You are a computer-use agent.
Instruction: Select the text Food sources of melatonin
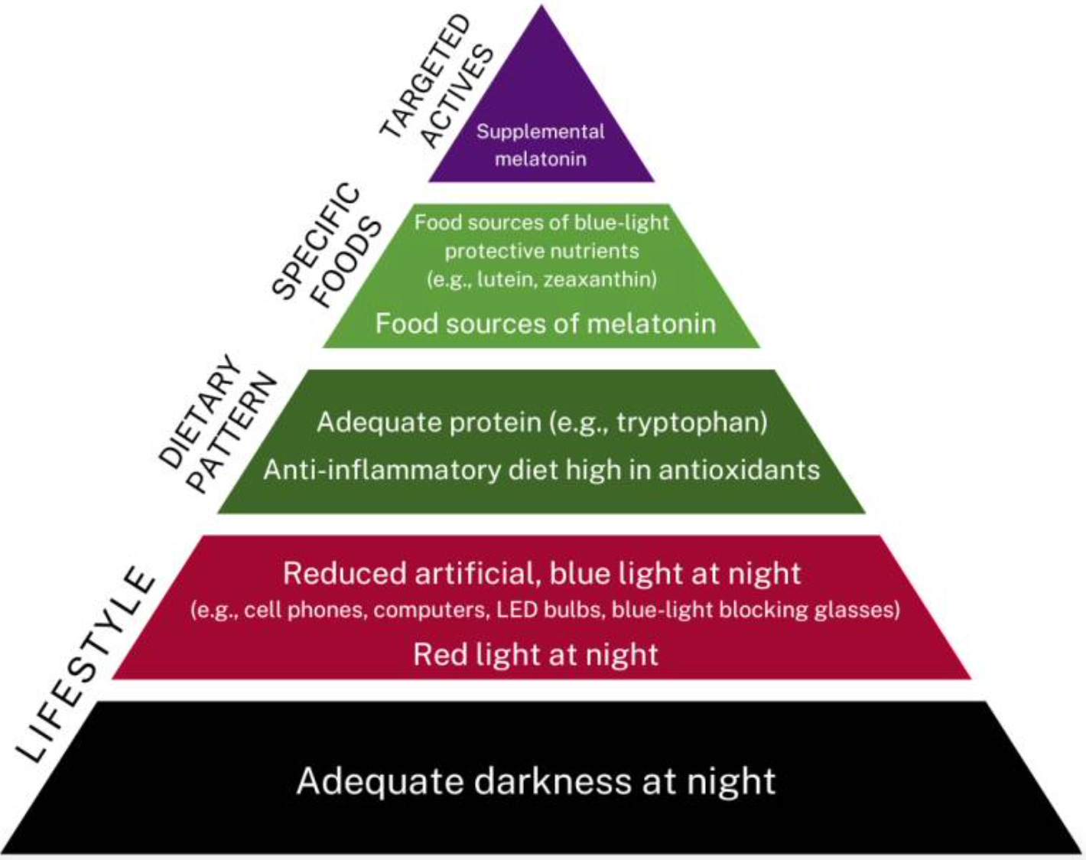pos(545,324)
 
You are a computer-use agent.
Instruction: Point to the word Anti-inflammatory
pos(383,469)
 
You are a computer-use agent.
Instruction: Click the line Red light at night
pos(535,655)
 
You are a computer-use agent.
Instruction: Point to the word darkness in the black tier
pos(551,781)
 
